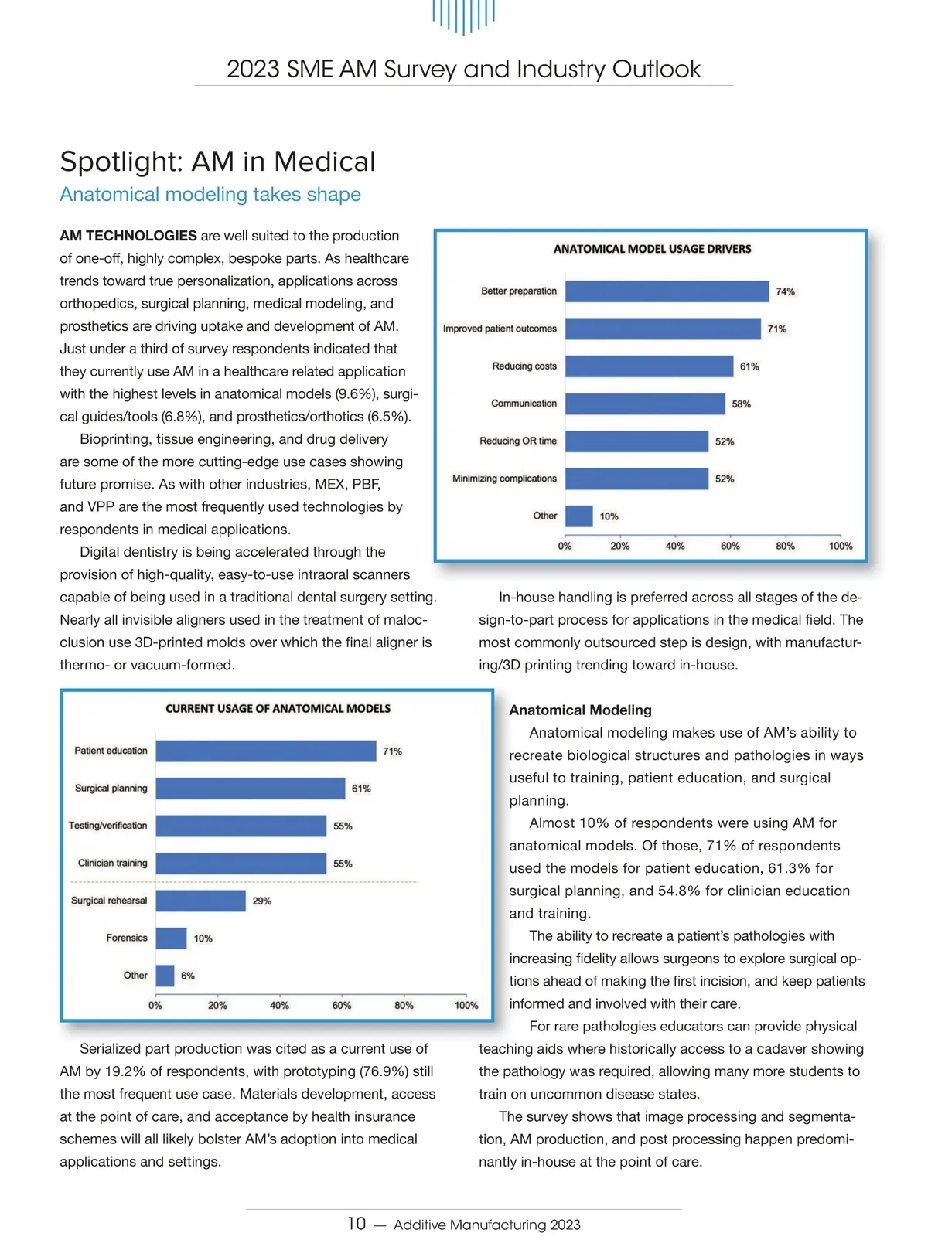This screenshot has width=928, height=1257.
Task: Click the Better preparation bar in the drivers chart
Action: click(x=667, y=291)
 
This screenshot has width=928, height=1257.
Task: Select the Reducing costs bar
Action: click(x=649, y=366)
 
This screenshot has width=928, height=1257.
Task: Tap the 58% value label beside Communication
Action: click(x=741, y=404)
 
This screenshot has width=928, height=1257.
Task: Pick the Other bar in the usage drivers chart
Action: click(x=579, y=516)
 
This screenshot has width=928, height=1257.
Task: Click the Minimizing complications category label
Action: click(x=504, y=479)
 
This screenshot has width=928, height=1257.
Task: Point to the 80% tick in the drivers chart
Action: click(x=785, y=546)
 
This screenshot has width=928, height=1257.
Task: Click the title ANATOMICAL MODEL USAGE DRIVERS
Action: click(x=652, y=249)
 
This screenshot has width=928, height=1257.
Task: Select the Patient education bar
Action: click(x=266, y=751)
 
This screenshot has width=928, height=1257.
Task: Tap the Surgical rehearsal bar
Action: click(x=200, y=901)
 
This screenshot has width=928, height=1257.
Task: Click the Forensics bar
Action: click(x=171, y=938)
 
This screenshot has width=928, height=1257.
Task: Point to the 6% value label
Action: click(x=188, y=976)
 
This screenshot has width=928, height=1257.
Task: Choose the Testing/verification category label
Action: click(x=107, y=826)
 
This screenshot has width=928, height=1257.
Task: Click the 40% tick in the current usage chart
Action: click(x=279, y=1006)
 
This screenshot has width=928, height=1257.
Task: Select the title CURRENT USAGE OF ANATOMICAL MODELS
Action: click(x=278, y=709)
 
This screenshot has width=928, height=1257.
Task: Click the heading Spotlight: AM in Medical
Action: click(x=217, y=162)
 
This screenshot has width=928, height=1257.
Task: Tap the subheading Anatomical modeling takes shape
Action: click(x=210, y=194)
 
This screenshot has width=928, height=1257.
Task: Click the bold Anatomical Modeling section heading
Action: click(x=580, y=710)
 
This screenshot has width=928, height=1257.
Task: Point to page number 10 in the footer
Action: click(x=357, y=1224)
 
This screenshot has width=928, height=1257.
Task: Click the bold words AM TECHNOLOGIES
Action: click(x=128, y=236)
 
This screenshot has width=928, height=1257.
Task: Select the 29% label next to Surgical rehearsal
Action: click(x=261, y=901)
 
